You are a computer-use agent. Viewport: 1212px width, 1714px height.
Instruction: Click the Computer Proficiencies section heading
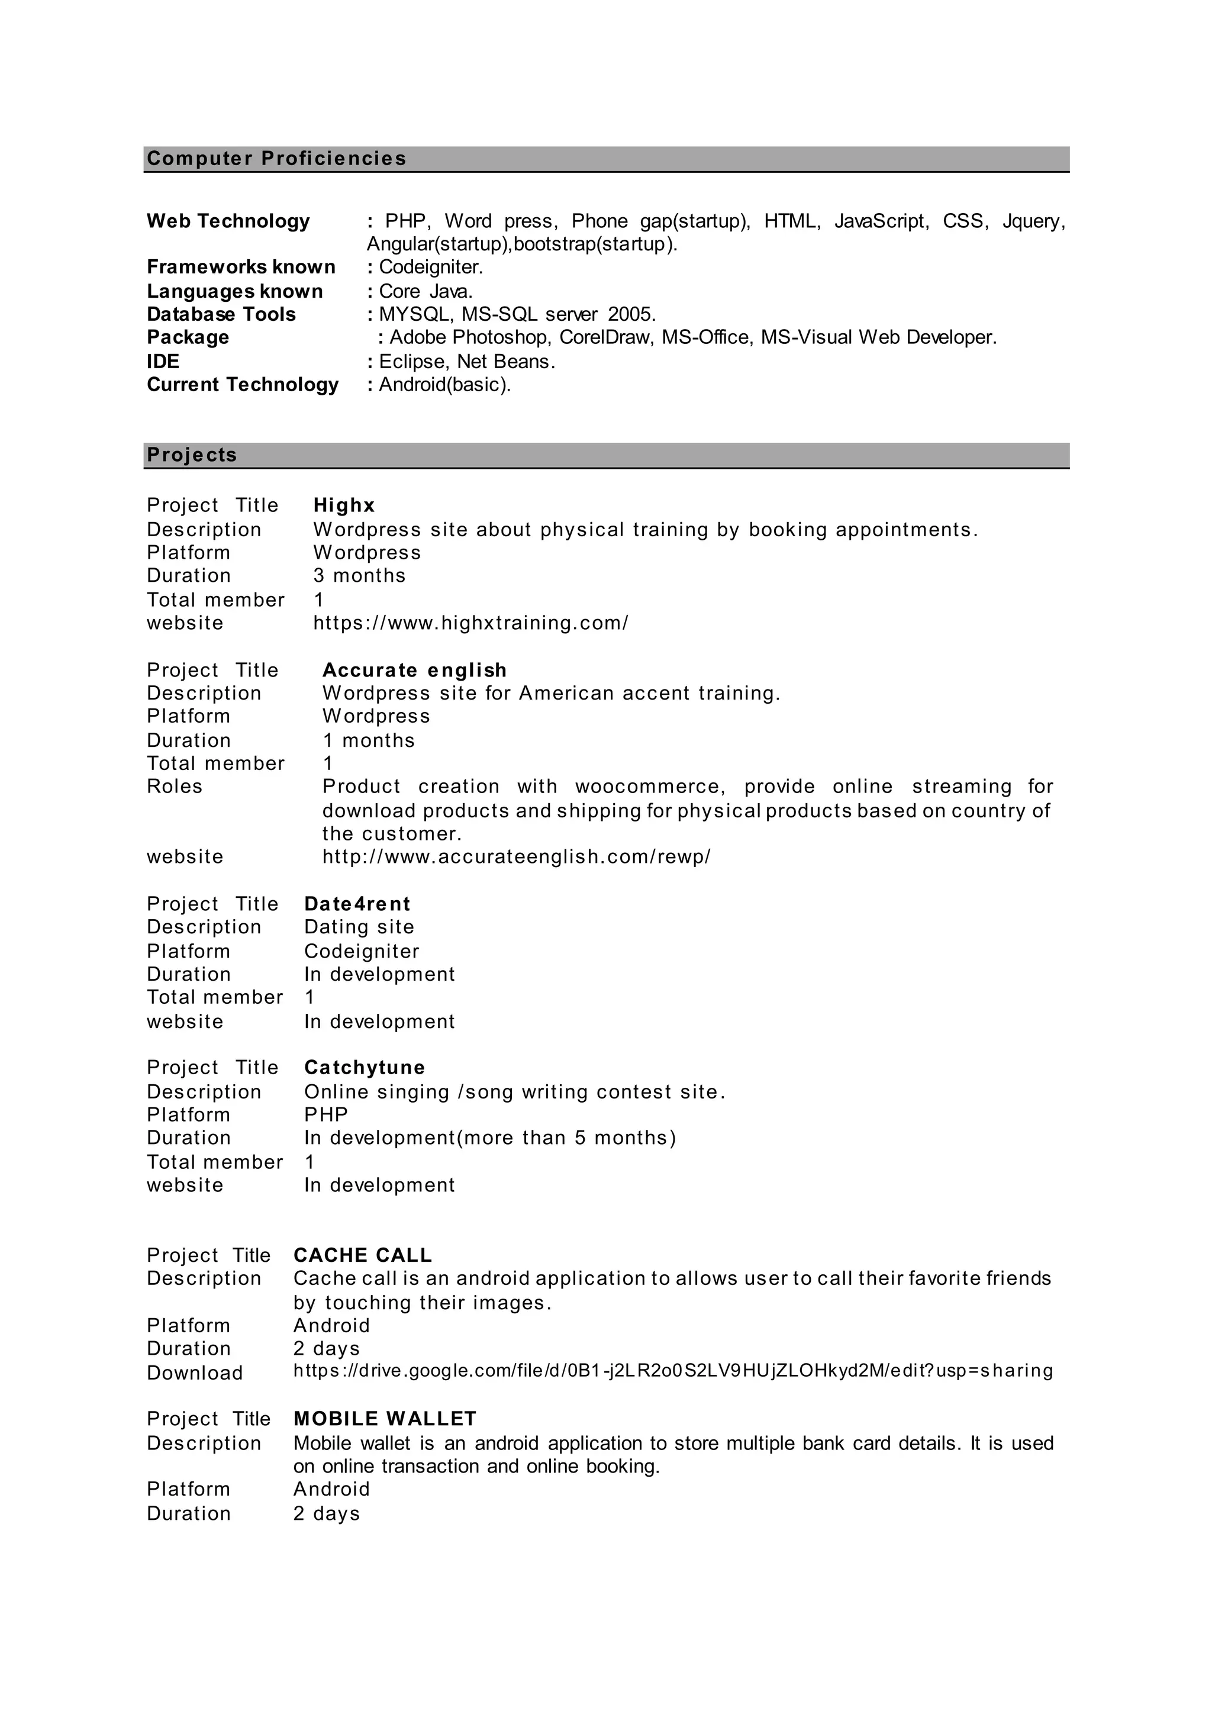pos(276,158)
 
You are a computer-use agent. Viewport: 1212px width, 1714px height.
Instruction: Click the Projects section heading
pos(192,455)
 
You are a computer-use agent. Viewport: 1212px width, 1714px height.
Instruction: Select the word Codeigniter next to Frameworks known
pos(431,268)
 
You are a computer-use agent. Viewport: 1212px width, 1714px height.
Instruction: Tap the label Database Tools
pos(221,314)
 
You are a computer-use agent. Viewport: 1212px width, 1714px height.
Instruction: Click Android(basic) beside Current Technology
pos(443,385)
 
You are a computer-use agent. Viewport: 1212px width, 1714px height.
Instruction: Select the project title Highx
pos(344,505)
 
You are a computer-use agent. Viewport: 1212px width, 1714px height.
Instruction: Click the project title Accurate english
pos(414,671)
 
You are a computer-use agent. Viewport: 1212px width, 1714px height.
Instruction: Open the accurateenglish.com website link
pos(517,856)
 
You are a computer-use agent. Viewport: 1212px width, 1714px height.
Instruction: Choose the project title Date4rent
pos(357,904)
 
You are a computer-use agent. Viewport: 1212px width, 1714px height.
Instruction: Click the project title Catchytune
pos(364,1068)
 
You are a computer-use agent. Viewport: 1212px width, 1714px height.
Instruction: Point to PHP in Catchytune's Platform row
pos(326,1114)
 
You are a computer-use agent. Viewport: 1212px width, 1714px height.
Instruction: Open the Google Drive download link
pos(672,1371)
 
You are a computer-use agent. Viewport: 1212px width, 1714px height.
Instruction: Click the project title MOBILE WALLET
pos(384,1419)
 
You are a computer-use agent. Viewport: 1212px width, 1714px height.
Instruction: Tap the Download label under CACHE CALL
pos(195,1373)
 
